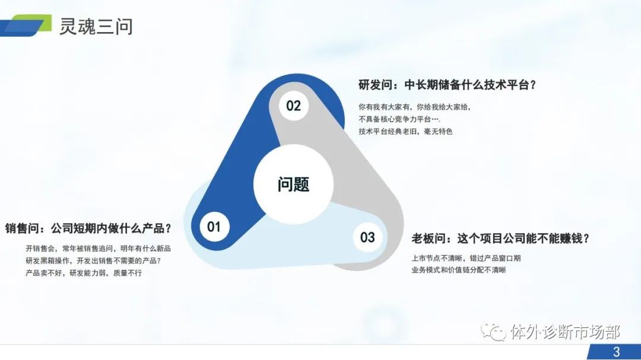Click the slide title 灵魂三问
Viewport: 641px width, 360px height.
pyautogui.click(x=96, y=27)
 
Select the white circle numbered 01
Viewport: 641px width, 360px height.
pyautogui.click(x=215, y=227)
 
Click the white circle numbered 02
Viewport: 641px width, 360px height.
pyautogui.click(x=294, y=106)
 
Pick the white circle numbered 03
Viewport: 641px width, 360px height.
pyautogui.click(x=367, y=237)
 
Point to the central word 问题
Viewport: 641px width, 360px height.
pyautogui.click(x=294, y=184)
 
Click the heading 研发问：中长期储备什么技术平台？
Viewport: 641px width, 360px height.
pyautogui.click(x=447, y=85)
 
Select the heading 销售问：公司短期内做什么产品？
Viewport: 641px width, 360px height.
pyautogui.click(x=88, y=228)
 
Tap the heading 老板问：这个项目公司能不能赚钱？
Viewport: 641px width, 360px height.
pyautogui.click(x=500, y=238)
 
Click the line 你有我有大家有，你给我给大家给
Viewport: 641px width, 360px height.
pyautogui.click(x=414, y=107)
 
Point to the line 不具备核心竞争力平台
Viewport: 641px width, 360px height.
pyautogui.click(x=399, y=119)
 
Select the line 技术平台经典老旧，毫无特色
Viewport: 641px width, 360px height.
pyautogui.click(x=405, y=132)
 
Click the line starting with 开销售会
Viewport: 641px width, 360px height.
pyautogui.click(x=98, y=249)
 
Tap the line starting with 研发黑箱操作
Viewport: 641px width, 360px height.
pyautogui.click(x=93, y=261)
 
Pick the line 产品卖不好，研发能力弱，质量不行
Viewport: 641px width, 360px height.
pyautogui.click(x=84, y=273)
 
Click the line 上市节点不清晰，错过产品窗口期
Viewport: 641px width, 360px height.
pyautogui.click(x=466, y=258)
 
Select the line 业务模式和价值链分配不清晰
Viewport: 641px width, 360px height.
pyautogui.click(x=459, y=270)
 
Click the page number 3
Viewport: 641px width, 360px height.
pyautogui.click(x=617, y=352)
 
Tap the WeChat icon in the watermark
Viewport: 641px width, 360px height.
pyautogui.click(x=493, y=332)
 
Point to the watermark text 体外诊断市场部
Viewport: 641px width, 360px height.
pyautogui.click(x=566, y=332)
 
